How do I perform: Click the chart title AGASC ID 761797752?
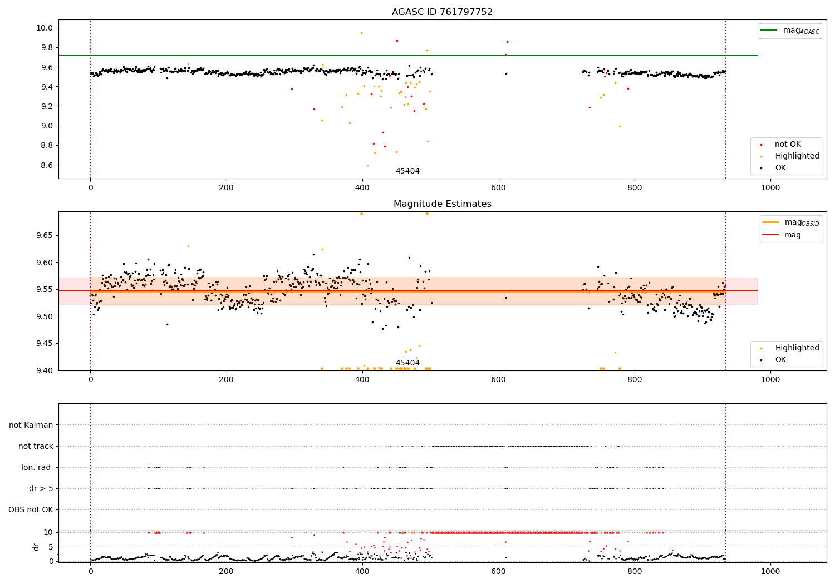(x=442, y=12)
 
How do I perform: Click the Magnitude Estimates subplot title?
(x=442, y=204)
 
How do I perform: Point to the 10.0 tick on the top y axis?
(x=45, y=28)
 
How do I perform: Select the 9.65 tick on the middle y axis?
(x=44, y=236)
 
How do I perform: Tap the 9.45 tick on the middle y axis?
(x=44, y=344)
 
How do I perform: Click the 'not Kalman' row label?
(x=31, y=425)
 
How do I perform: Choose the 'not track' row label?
(x=36, y=446)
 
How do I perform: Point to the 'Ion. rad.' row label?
(x=37, y=467)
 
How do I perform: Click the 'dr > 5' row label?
(x=41, y=488)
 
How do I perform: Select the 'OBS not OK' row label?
(x=31, y=509)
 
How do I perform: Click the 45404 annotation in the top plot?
(x=407, y=171)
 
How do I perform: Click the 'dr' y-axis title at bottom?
(x=36, y=547)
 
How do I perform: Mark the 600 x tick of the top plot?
(x=499, y=188)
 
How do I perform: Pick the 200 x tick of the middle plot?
(x=227, y=379)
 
